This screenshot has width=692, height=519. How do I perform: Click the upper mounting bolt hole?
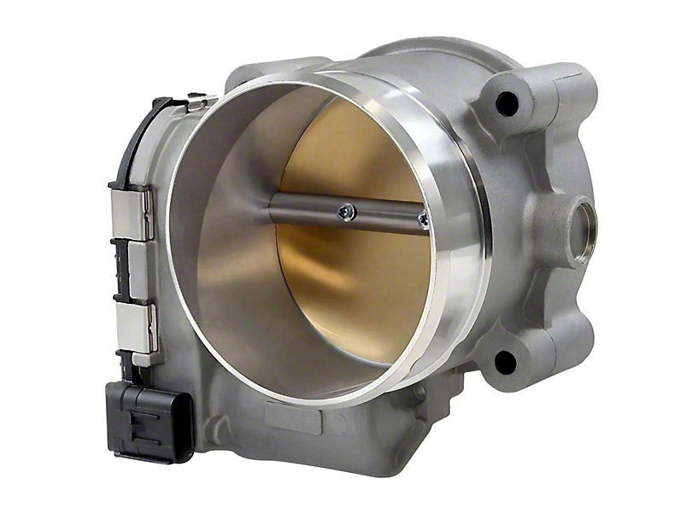(x=507, y=104)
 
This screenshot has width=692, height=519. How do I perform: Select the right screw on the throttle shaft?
(x=424, y=221)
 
